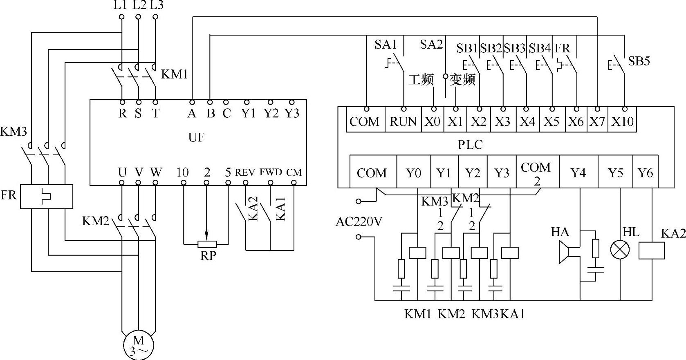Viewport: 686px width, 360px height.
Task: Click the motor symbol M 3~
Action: click(x=139, y=345)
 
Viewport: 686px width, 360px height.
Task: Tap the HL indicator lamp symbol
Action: click(x=620, y=249)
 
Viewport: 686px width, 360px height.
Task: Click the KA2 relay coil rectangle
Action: click(x=651, y=250)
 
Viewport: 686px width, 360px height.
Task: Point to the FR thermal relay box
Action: click(x=47, y=197)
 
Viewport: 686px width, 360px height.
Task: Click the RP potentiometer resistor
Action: click(x=207, y=244)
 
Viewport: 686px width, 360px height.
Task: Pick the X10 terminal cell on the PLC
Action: click(x=622, y=121)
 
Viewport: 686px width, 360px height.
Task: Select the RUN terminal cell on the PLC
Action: click(x=403, y=121)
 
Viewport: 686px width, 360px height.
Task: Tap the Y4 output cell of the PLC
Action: click(x=578, y=173)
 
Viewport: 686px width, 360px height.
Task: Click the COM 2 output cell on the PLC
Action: click(x=536, y=173)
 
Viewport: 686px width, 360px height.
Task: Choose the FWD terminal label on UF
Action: click(x=271, y=172)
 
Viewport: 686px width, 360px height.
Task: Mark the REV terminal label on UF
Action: click(x=245, y=172)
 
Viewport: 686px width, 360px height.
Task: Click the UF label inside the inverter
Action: click(x=196, y=138)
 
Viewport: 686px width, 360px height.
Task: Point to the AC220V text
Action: click(x=359, y=221)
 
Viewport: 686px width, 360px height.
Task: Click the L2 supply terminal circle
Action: click(x=138, y=17)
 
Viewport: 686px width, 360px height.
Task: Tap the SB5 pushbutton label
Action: click(x=639, y=61)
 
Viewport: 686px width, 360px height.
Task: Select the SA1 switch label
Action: click(x=386, y=45)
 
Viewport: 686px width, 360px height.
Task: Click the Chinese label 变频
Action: click(x=463, y=79)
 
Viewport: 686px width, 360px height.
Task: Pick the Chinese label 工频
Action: click(x=421, y=79)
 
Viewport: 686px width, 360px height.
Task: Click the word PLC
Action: click(x=470, y=144)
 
